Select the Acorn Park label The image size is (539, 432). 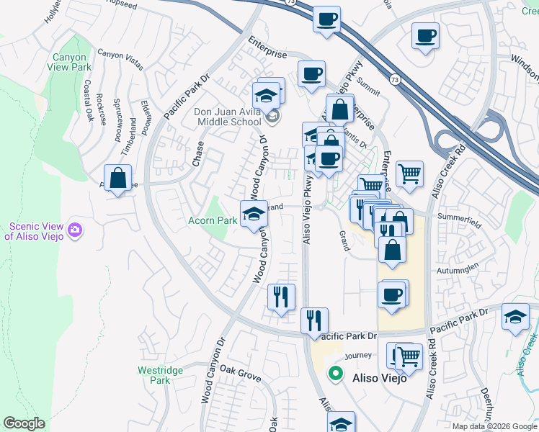tap(213, 220)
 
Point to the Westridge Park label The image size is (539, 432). tap(160, 375)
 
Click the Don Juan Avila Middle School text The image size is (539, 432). tap(227, 117)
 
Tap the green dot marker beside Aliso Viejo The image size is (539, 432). tap(335, 373)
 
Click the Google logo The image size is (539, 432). tap(24, 423)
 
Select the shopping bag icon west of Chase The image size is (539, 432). tap(117, 178)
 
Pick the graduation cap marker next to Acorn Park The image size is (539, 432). tap(254, 214)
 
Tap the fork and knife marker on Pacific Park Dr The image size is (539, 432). tap(313, 320)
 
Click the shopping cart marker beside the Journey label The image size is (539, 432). tap(409, 355)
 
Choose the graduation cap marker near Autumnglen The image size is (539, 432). tap(515, 317)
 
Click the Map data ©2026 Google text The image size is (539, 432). tap(494, 426)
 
